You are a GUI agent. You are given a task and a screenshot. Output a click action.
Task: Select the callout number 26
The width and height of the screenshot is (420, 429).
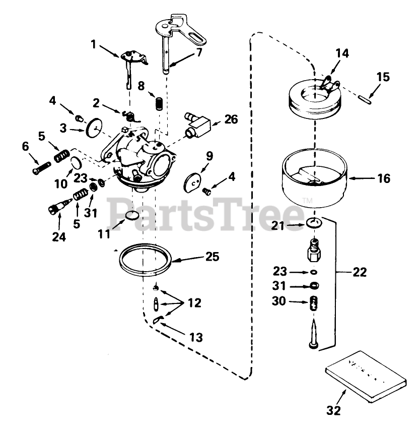(x=231, y=120)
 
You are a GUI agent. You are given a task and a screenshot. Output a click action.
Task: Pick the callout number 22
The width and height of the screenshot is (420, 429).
(x=360, y=272)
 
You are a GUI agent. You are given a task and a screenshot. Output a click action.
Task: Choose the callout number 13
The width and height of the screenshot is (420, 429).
(x=196, y=337)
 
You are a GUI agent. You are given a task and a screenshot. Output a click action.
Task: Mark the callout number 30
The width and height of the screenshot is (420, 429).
(x=279, y=302)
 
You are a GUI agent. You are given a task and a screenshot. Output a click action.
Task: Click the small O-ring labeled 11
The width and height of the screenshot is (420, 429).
(x=132, y=216)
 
